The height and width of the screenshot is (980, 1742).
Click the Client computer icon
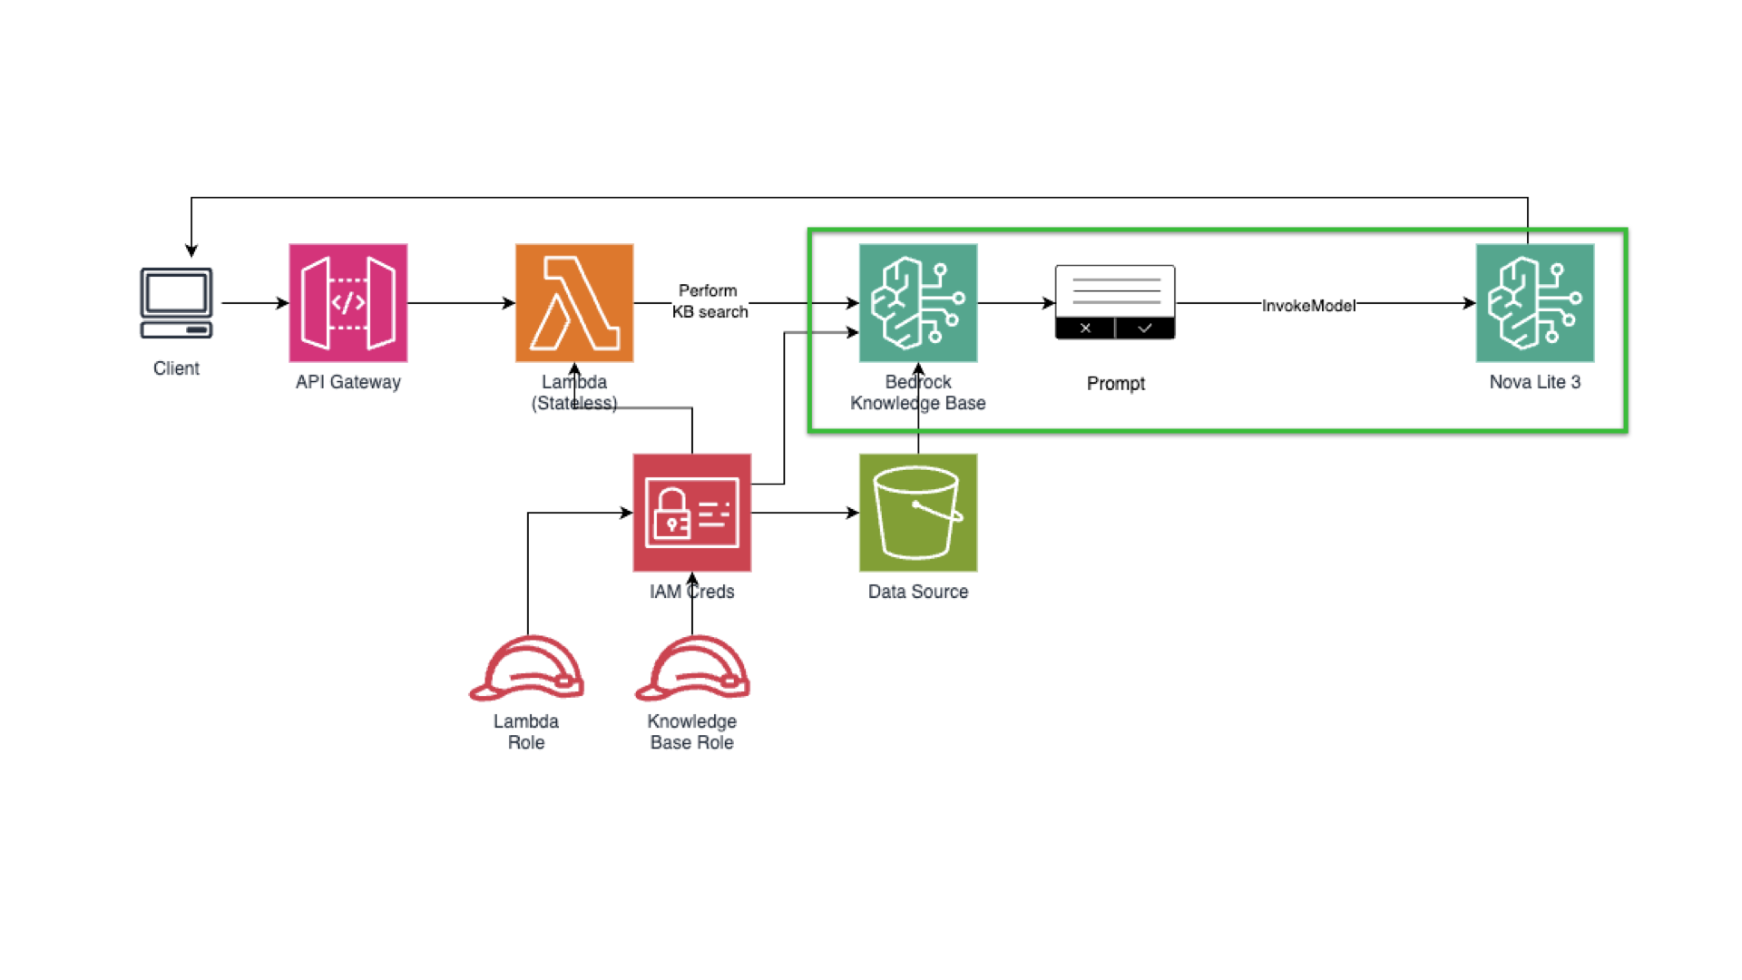coord(176,302)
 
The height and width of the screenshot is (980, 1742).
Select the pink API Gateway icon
coord(347,302)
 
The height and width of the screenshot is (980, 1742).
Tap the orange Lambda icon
coord(573,302)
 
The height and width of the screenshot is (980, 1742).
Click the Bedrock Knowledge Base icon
coord(917,302)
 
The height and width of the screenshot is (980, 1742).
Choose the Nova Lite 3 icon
coord(1534,302)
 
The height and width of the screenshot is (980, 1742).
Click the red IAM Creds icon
coord(691,512)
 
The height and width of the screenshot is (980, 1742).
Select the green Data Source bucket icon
coord(917,512)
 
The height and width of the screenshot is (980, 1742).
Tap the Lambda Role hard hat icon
coord(526,669)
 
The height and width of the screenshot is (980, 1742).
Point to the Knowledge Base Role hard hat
coord(692,669)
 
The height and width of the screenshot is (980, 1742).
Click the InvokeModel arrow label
coord(1307,306)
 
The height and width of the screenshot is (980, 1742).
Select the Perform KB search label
coord(710,301)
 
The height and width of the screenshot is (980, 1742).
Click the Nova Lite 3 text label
coord(1534,382)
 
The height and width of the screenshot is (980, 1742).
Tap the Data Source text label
coord(917,592)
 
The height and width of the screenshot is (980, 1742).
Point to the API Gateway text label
coord(347,382)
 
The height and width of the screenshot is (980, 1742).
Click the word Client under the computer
coord(176,368)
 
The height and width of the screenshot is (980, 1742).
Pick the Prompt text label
coord(1115,384)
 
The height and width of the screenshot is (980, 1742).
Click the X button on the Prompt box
coord(1085,328)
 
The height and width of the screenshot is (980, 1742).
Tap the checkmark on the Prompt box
coord(1145,328)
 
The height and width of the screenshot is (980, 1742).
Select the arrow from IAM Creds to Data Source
coord(805,513)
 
